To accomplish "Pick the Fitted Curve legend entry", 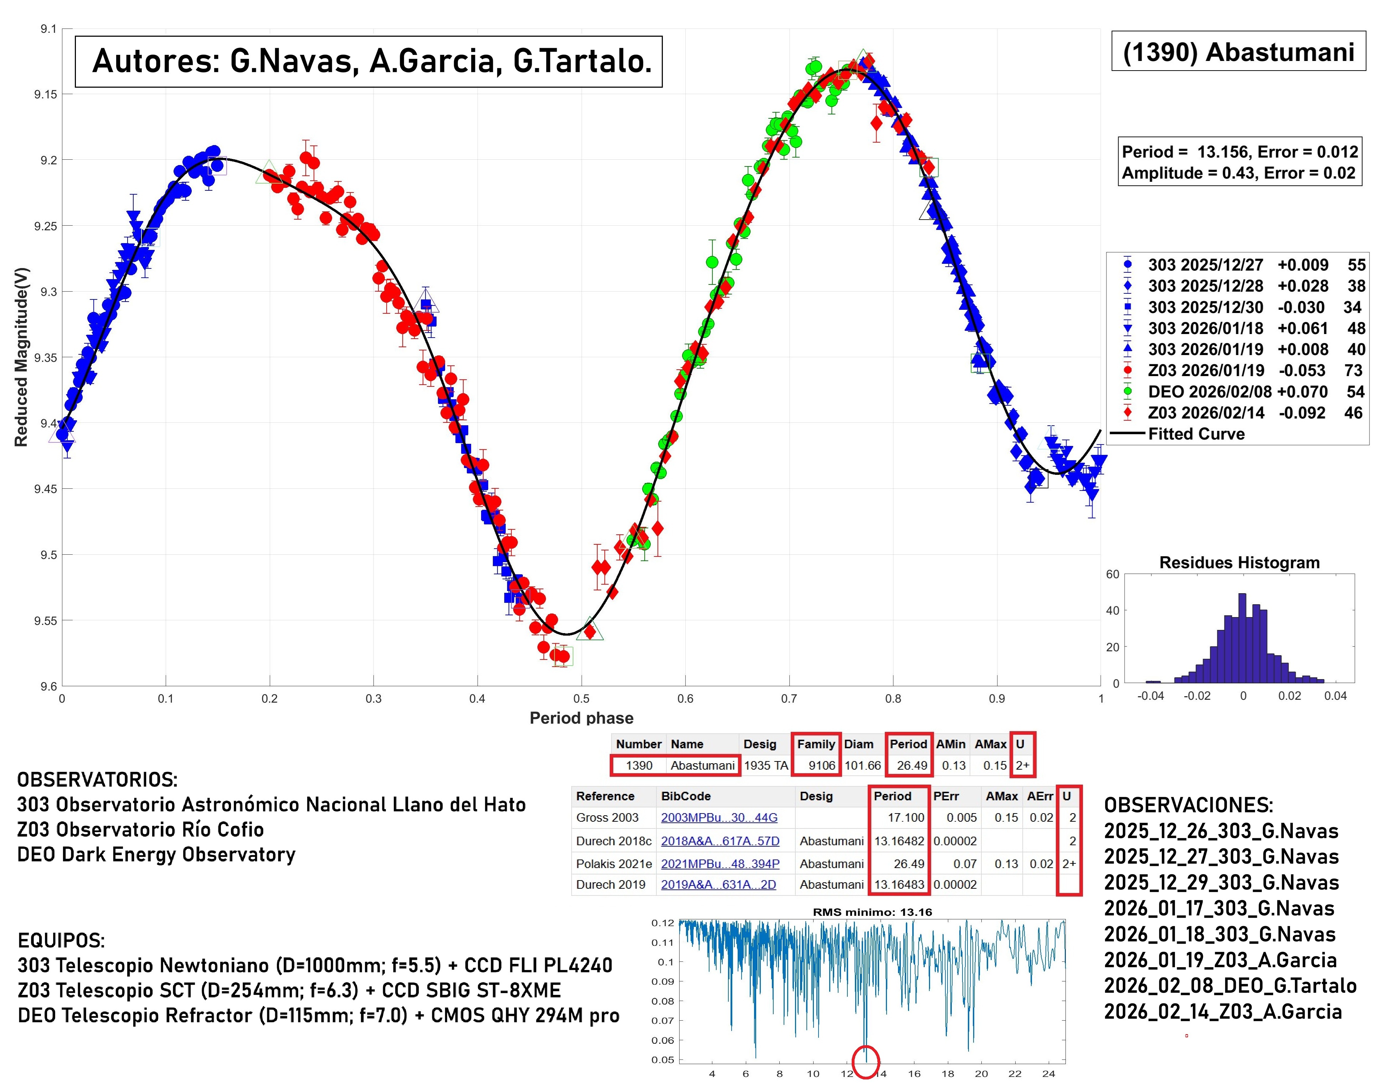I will pos(1196,434).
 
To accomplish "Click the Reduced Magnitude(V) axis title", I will pos(21,357).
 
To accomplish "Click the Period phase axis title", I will pos(581,718).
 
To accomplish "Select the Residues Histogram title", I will pos(1239,563).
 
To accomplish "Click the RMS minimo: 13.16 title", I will pos(872,912).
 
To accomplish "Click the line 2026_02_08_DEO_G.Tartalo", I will pos(1230,986).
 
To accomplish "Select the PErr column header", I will pos(946,796).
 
